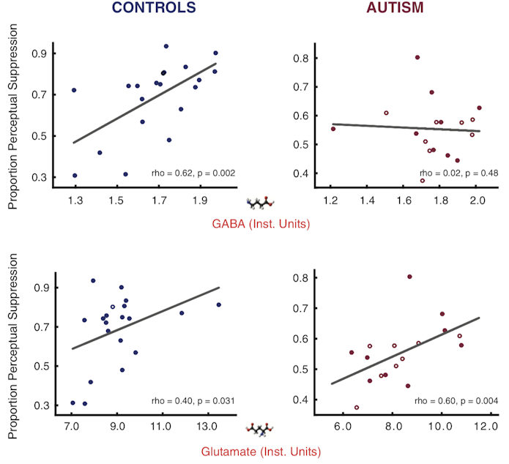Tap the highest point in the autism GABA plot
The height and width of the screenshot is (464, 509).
pyautogui.click(x=417, y=57)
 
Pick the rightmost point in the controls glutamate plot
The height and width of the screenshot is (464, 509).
pyautogui.click(x=219, y=304)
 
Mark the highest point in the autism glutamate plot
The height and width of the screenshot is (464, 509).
pyautogui.click(x=409, y=277)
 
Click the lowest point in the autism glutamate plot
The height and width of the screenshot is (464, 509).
pyautogui.click(x=357, y=408)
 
